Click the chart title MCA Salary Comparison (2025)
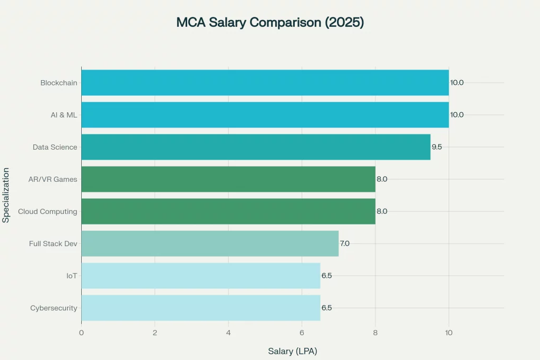[x=269, y=23]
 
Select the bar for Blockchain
[x=265, y=83]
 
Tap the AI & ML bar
[x=265, y=115]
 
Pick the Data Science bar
[x=256, y=147]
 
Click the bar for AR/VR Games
[x=228, y=179]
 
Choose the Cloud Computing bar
[x=228, y=211]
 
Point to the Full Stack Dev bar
[x=210, y=244]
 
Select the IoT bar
[x=200, y=276]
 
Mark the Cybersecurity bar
[x=200, y=308]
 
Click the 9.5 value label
[x=437, y=147]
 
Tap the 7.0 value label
[x=345, y=244]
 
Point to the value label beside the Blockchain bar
[x=457, y=83]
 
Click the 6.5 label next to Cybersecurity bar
[x=326, y=308]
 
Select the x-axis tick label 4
[x=228, y=333]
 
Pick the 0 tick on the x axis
[x=81, y=333]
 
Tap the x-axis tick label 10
[x=449, y=333]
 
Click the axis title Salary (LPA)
[x=293, y=351]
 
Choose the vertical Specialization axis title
[x=6, y=195]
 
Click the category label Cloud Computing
[x=47, y=211]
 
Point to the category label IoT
[x=72, y=276]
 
